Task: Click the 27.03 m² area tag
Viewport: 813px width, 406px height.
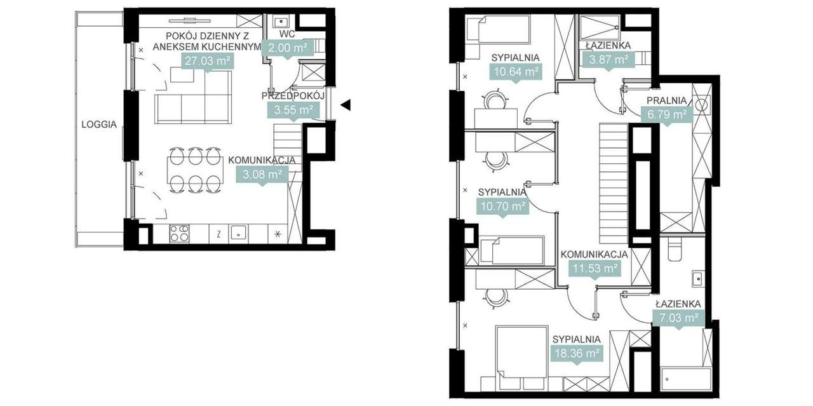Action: [206, 61]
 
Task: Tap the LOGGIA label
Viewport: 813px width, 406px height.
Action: [99, 125]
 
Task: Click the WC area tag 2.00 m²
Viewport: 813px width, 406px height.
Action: [288, 48]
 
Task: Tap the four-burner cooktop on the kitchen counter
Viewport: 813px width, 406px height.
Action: [179, 233]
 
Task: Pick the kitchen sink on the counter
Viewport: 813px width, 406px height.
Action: [238, 233]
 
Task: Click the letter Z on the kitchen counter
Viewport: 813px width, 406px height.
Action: [218, 233]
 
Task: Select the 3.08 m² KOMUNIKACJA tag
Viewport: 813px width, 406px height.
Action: [259, 173]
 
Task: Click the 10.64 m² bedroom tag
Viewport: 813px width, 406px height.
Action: [515, 72]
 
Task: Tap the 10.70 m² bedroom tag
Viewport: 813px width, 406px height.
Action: [502, 206]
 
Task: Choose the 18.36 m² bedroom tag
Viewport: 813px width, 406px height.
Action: [576, 353]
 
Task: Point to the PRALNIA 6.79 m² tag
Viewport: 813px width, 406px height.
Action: [666, 115]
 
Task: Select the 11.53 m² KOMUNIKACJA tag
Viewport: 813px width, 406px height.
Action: [595, 269]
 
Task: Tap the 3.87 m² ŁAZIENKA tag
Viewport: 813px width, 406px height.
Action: [607, 60]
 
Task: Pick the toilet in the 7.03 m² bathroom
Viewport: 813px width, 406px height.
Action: [675, 248]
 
